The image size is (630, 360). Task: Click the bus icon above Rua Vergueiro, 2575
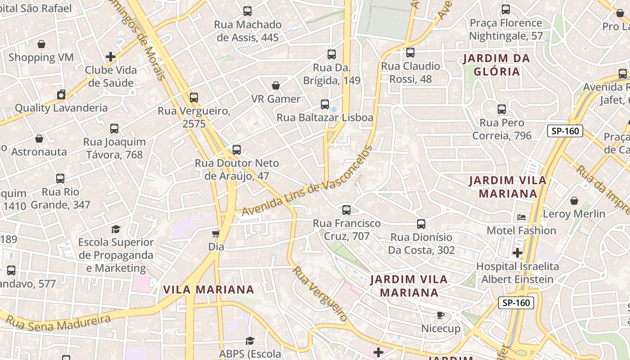[194, 97]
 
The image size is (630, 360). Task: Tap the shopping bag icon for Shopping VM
[41, 44]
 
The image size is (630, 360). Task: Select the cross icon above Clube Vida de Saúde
[111, 57]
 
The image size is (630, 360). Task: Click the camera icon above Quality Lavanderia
[61, 94]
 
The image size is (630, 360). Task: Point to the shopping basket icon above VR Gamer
[276, 85]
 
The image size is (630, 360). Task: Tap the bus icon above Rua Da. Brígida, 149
[332, 54]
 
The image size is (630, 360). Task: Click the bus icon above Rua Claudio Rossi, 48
[410, 53]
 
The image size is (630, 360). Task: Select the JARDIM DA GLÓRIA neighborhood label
[496, 65]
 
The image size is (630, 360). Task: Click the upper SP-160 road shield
[565, 131]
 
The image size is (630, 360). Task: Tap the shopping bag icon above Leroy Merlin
[574, 201]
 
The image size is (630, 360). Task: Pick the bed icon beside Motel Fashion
[522, 217]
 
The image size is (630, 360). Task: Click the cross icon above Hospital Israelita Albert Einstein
[517, 253]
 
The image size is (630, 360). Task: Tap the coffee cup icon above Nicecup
[441, 315]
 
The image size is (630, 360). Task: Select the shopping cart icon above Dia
[216, 234]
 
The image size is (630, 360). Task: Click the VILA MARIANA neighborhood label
[209, 289]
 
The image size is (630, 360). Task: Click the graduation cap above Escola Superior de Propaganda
[116, 229]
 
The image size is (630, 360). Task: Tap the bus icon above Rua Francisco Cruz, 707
[346, 210]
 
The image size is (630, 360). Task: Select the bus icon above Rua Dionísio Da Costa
[421, 224]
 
